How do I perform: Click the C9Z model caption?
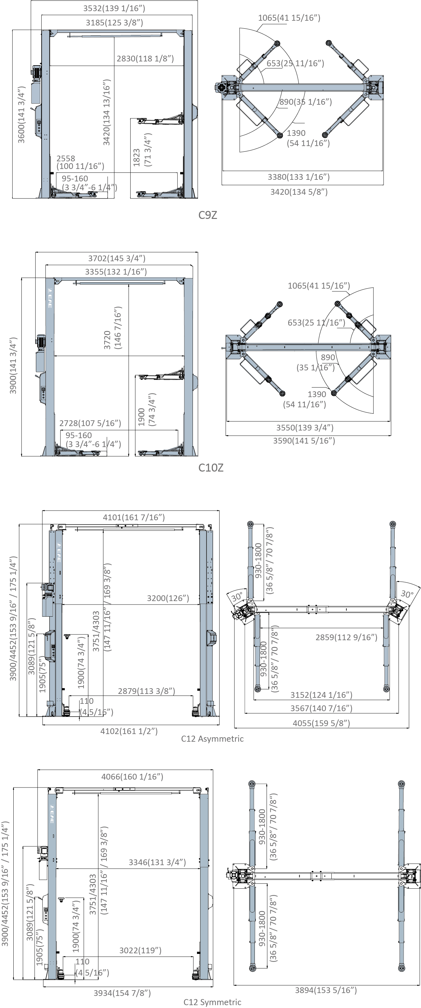207,215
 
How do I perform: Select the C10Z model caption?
211,468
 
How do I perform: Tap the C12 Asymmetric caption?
212,739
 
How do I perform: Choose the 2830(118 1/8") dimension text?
145,59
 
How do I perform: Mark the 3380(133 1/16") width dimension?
299,177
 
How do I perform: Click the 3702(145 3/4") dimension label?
117,258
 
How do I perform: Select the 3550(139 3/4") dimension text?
305,427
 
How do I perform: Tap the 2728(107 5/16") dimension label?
90,423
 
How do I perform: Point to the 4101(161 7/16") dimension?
134,517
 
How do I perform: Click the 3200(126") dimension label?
168,598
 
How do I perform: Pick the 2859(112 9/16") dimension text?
346,637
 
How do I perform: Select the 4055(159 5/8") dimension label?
321,723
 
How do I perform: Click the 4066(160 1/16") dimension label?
132,776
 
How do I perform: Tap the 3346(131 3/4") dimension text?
157,862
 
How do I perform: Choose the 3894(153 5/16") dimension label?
326,990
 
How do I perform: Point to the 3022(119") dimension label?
140,950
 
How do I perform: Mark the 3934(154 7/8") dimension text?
122,993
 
